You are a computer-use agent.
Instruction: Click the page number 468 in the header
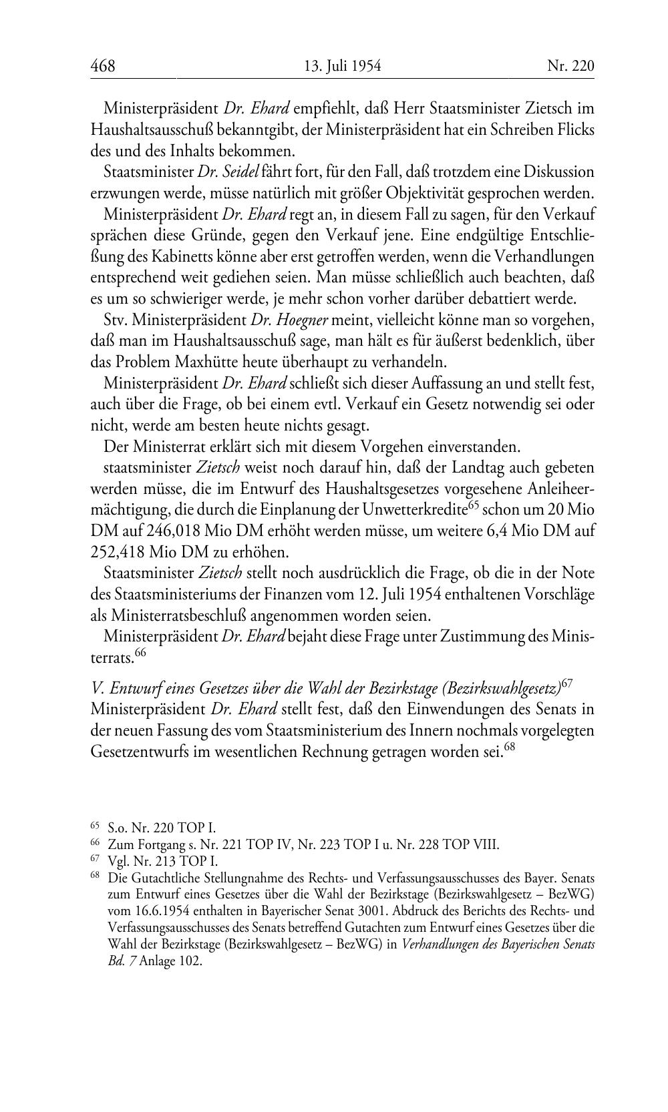103,65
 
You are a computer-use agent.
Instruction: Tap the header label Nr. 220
570,65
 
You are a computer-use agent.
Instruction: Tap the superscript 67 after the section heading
567,683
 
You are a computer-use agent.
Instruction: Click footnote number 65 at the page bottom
95,828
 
